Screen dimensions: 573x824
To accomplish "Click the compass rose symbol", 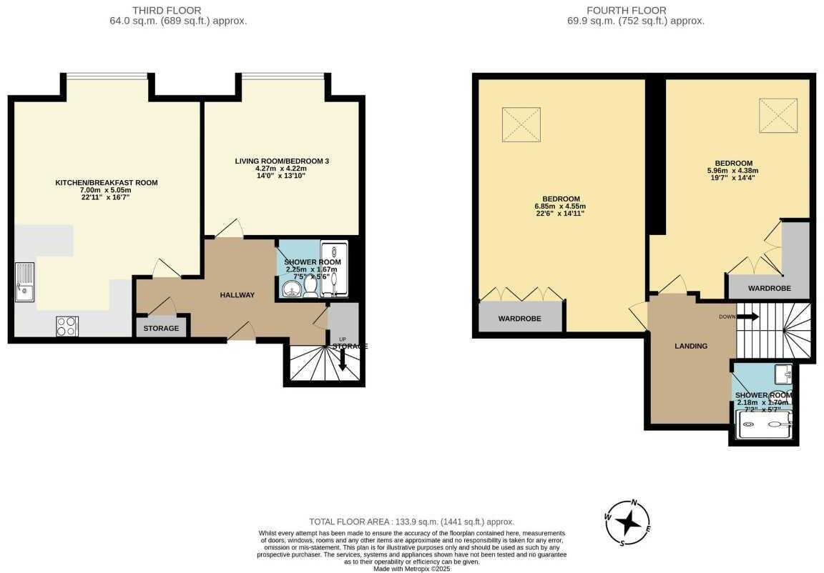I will tap(627, 522).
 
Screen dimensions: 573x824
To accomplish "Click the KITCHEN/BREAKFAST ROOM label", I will tap(107, 183).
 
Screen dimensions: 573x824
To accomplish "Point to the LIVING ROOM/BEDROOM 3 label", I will tap(282, 161).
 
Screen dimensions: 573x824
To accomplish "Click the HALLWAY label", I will tap(237, 295).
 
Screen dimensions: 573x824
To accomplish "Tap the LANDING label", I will tap(691, 346).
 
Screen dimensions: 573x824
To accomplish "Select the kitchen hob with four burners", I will tap(67, 326).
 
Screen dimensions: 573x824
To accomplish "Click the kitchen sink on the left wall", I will tap(24, 283).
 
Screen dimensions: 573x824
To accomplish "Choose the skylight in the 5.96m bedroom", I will tap(778, 112).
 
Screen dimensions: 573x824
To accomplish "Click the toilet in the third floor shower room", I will tap(311, 285).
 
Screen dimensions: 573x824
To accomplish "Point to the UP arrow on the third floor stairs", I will tap(343, 357).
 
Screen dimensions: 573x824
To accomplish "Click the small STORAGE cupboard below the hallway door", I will tap(161, 329).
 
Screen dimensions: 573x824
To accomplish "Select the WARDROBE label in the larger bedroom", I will tap(519, 318).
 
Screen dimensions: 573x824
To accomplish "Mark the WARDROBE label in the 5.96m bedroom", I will tap(769, 289).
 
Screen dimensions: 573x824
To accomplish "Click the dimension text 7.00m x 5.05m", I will tap(107, 190).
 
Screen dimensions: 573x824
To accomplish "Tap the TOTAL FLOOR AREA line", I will tap(411, 522).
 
